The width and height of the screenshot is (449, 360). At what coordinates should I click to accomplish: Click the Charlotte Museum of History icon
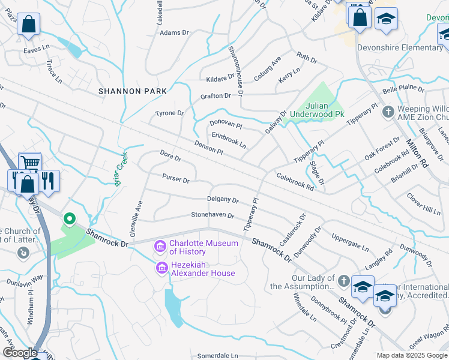(160, 247)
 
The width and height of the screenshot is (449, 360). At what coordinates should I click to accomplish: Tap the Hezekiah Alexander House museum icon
(161, 268)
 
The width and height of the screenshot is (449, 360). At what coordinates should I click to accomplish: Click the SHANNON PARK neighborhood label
(128, 91)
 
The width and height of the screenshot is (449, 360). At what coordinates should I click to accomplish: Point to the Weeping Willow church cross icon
(389, 112)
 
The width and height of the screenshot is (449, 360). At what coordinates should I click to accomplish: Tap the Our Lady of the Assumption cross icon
(344, 281)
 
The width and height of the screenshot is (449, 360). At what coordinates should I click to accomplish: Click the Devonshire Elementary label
(399, 47)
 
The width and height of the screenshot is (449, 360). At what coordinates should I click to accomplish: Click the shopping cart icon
(30, 162)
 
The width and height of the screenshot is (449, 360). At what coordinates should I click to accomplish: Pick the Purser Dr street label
(175, 179)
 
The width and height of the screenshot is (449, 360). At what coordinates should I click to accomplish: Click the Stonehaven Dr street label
(212, 214)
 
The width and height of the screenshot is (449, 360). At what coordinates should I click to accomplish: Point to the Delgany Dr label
(223, 200)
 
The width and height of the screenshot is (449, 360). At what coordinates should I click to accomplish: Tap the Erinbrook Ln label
(229, 141)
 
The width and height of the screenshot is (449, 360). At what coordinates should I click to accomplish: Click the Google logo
(20, 352)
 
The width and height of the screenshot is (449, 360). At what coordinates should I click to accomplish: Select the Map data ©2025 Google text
(411, 355)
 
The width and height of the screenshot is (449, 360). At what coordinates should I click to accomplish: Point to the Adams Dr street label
(174, 33)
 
